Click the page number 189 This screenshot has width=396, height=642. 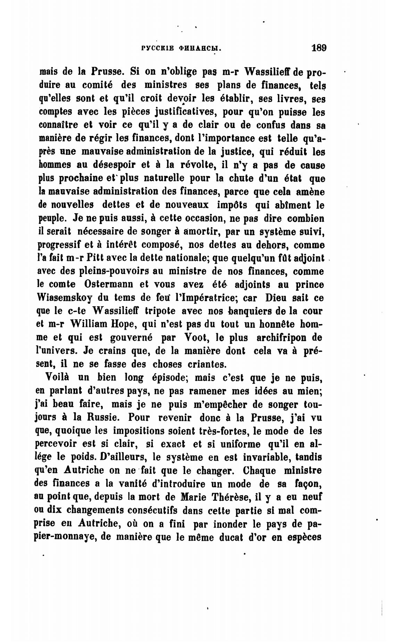point(319,48)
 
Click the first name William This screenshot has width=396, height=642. point(89,324)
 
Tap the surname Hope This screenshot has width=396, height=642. point(122,324)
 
